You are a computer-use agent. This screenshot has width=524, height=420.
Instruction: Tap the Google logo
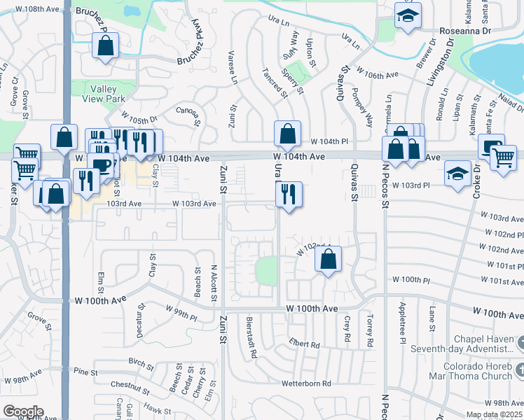(x=22, y=412)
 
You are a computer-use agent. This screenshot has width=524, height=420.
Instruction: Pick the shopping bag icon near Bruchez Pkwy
(x=105, y=48)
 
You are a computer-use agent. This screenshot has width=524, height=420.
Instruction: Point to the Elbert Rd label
(x=303, y=344)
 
